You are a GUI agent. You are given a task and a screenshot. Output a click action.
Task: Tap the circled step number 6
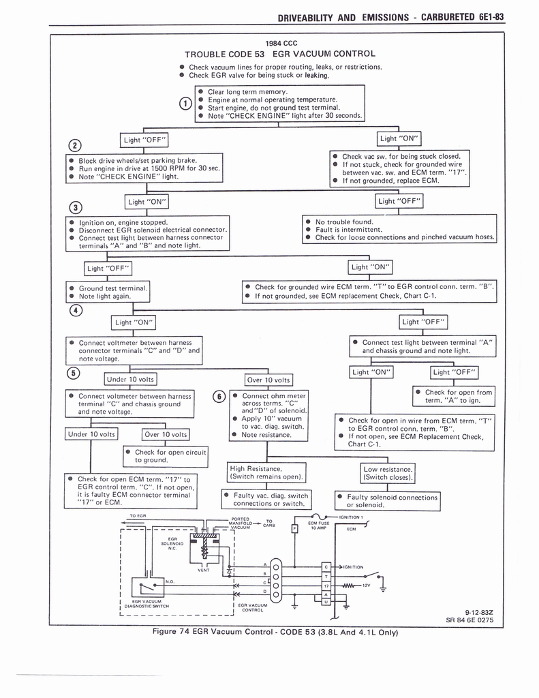219,397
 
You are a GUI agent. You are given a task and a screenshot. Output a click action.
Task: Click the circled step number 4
75,311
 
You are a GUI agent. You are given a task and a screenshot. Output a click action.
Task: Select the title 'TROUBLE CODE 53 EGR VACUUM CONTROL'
279,53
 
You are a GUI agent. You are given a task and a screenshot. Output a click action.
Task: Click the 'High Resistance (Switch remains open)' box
266,472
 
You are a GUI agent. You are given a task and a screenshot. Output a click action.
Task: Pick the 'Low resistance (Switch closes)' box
388,472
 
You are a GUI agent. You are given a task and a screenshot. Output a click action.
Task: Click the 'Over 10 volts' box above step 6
268,380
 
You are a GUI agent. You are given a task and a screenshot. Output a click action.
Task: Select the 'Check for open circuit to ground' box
166,456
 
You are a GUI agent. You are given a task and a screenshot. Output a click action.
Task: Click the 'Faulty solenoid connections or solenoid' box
387,501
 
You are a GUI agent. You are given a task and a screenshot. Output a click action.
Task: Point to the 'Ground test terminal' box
108,292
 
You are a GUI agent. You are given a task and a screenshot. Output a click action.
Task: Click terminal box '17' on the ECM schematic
326,586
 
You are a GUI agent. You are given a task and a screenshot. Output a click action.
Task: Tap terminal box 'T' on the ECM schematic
326,576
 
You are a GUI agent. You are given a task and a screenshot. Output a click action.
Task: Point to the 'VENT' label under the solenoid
203,570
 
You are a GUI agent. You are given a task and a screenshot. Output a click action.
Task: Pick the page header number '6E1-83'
487,16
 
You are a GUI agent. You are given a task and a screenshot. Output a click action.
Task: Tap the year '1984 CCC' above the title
280,42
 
